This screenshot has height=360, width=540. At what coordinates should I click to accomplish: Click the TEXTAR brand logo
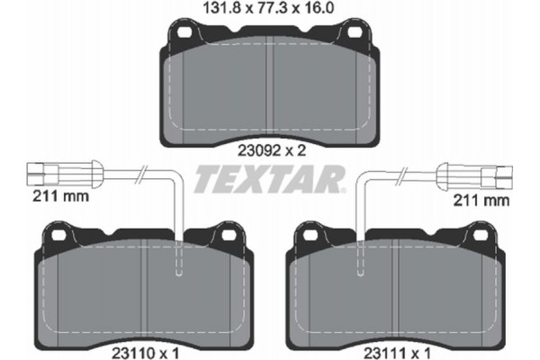(x=271, y=179)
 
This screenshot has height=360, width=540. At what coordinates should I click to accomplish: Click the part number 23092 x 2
(x=270, y=151)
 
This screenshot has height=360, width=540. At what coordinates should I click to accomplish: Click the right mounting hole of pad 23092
(x=357, y=34)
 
